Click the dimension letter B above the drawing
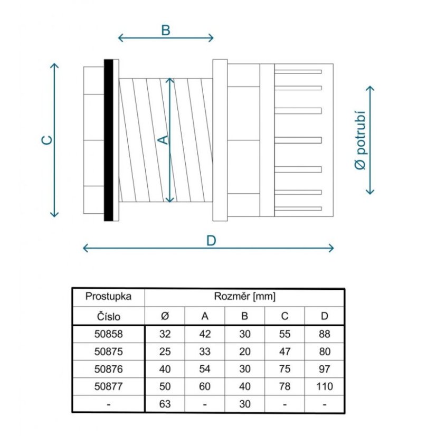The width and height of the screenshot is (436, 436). click(166, 30)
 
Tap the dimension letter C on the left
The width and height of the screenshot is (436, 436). click(46, 140)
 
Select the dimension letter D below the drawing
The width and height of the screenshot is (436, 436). click(211, 241)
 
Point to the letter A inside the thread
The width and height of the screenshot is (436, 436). click(163, 140)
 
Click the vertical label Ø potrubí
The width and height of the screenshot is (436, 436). click(361, 140)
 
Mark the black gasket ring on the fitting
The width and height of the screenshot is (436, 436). click(108, 140)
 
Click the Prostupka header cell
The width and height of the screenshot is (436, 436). click(108, 297)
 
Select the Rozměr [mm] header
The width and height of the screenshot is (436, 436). click(245, 297)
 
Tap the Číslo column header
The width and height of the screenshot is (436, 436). click(108, 316)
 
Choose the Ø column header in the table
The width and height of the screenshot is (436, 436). click(165, 316)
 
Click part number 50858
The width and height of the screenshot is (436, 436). click(108, 334)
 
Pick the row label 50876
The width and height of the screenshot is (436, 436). click(108, 369)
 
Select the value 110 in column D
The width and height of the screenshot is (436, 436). click(325, 386)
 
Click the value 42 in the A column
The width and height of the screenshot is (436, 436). click(205, 334)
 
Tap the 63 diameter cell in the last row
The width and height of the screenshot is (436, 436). click(165, 404)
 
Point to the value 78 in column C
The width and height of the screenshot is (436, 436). click(285, 386)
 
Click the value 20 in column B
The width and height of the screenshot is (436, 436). click(245, 352)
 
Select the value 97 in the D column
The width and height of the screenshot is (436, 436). click(325, 369)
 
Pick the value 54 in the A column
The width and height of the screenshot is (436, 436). click(205, 369)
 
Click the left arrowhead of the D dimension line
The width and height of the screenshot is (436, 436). click(83, 248)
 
